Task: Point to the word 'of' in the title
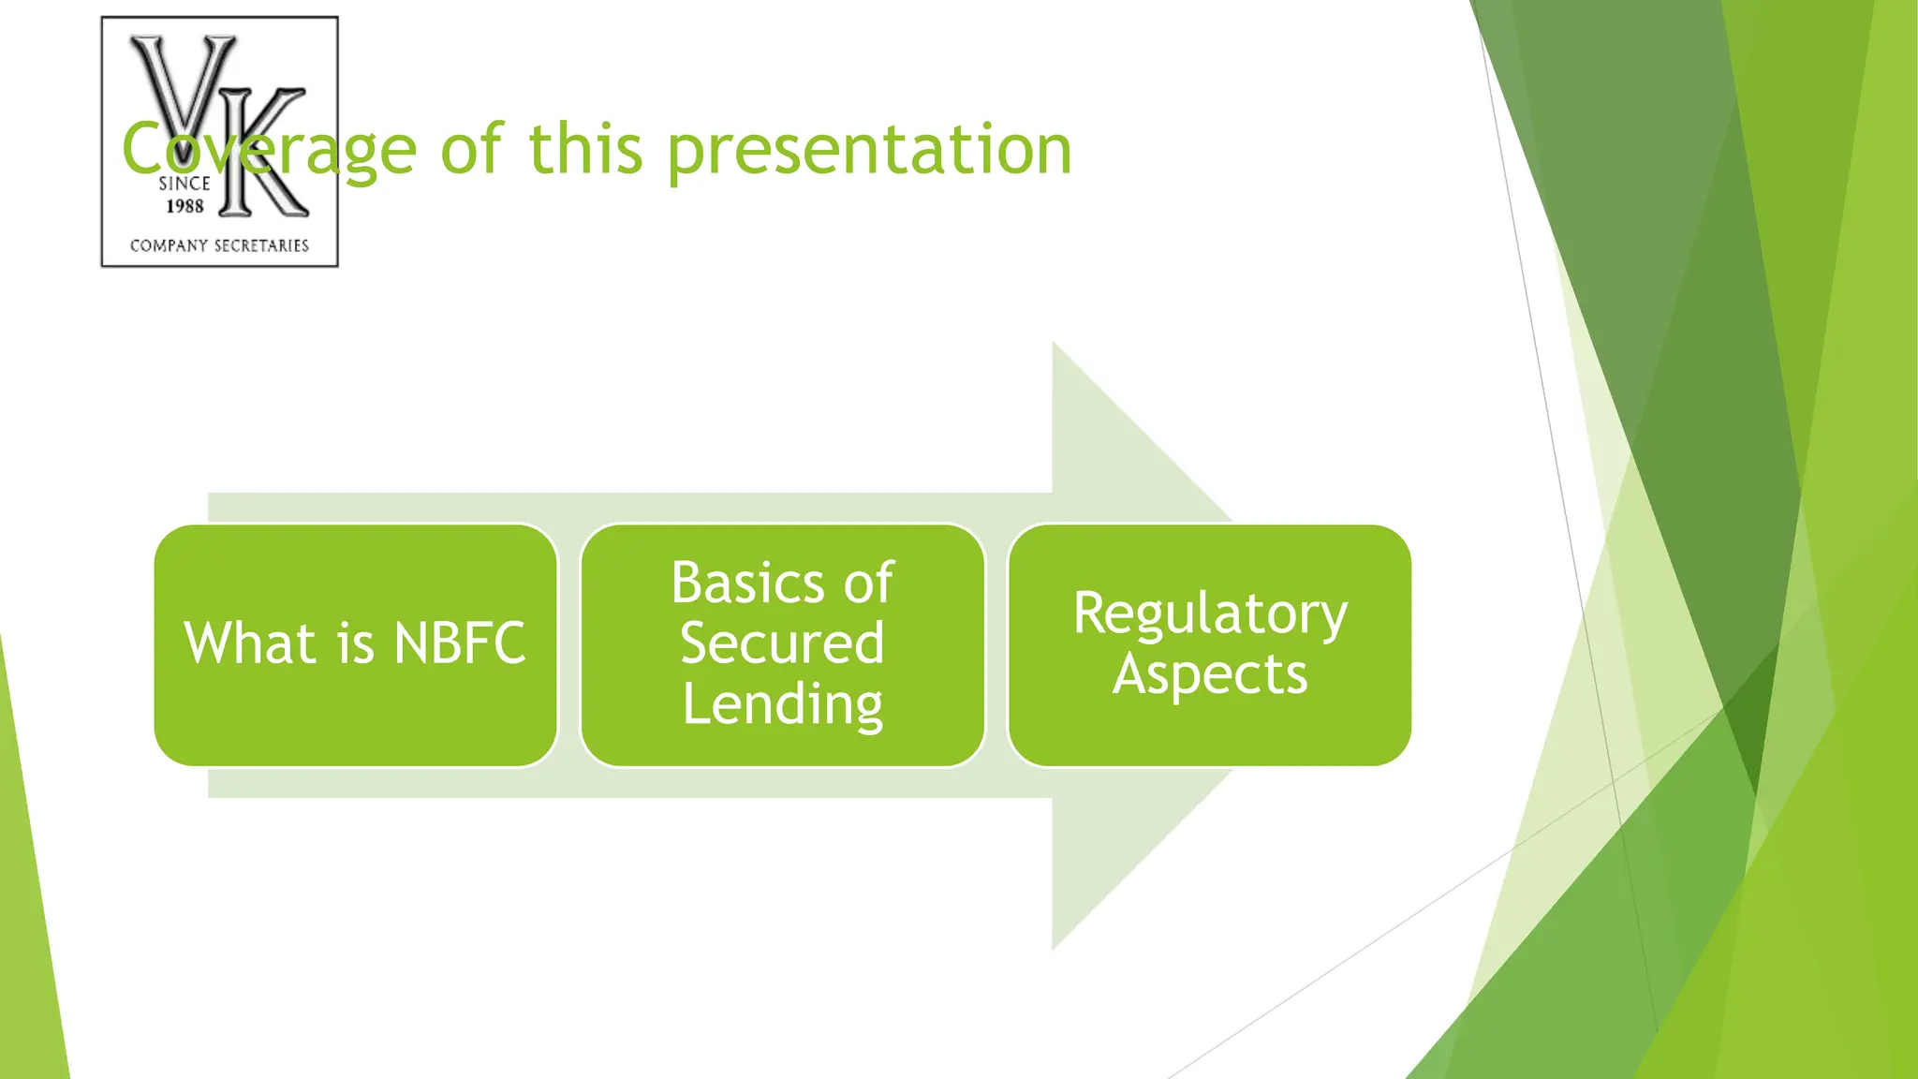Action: (x=471, y=150)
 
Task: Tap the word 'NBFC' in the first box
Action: (x=460, y=643)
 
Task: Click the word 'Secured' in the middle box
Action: (x=783, y=643)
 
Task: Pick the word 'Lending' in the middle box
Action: (x=783, y=704)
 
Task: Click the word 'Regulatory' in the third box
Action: (x=1210, y=614)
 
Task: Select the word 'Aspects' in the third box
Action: (x=1209, y=674)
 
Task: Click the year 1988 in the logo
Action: (x=184, y=206)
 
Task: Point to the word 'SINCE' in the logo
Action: (x=184, y=184)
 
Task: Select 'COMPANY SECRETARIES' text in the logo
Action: (x=219, y=245)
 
